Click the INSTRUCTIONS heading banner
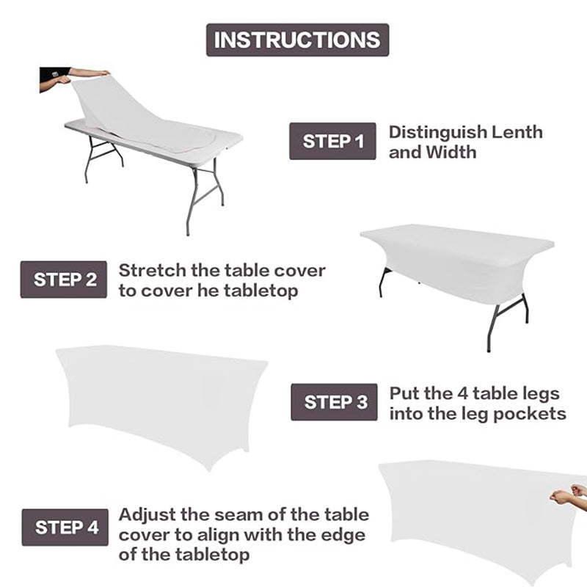[x=298, y=40]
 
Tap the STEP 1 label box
[x=332, y=141]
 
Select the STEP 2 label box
[x=64, y=280]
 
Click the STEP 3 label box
[x=334, y=402]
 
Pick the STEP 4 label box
[x=65, y=527]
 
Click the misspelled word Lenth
[x=517, y=132]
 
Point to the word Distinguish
[x=437, y=133]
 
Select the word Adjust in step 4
[x=147, y=516]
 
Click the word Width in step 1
[x=451, y=153]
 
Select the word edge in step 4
[x=344, y=536]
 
